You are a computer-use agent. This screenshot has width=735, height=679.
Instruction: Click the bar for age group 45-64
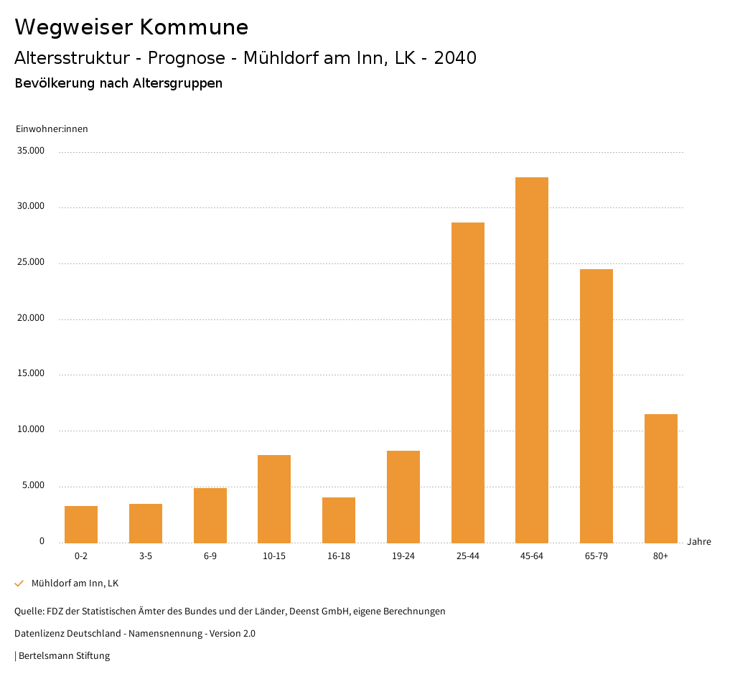(532, 360)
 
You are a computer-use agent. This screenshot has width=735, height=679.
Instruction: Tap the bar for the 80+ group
(660, 478)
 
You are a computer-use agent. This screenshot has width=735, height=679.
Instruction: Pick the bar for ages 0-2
(81, 524)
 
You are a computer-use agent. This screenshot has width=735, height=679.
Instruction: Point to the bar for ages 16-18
(339, 520)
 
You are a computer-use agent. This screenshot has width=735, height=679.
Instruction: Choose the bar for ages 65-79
(596, 406)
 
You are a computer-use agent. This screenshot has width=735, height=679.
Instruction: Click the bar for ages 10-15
(274, 499)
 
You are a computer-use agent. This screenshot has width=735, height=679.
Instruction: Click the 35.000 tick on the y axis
(32, 151)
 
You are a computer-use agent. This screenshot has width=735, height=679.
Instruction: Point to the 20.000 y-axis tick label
(32, 318)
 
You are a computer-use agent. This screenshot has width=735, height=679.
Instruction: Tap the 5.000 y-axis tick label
(33, 485)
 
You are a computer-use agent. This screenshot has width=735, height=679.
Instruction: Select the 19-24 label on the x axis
(403, 556)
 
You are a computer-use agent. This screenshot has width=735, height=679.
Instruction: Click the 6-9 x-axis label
(210, 556)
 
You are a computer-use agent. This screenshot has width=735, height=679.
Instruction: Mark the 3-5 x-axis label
(146, 556)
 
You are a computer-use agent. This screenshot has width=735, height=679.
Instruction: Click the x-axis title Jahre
(699, 541)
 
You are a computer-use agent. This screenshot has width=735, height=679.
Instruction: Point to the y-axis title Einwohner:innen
(52, 128)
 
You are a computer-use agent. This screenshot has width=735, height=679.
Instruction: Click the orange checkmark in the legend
(19, 584)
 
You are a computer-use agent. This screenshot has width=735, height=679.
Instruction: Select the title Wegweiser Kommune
(131, 27)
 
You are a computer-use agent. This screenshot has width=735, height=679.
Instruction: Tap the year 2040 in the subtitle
(455, 57)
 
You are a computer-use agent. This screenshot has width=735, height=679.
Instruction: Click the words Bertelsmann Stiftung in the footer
(64, 655)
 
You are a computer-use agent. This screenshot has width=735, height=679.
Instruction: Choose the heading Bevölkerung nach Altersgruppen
(118, 83)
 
